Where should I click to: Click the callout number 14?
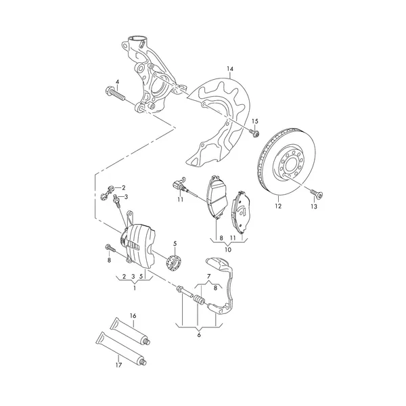(230, 69)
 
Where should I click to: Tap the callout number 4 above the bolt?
(118, 82)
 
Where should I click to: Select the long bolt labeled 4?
(115, 94)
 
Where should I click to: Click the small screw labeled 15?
(255, 133)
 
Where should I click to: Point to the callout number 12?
(278, 206)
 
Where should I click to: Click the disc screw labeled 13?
(317, 193)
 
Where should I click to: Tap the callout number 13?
(314, 206)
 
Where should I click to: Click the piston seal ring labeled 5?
(174, 263)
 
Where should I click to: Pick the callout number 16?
(133, 316)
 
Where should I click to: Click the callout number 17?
(118, 365)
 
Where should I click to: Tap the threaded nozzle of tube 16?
(147, 342)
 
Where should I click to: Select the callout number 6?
(199, 335)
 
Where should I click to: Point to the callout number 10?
(228, 250)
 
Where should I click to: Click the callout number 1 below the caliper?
(135, 288)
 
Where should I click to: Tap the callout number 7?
(208, 276)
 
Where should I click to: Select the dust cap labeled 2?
(108, 193)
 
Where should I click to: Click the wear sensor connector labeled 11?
(178, 185)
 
